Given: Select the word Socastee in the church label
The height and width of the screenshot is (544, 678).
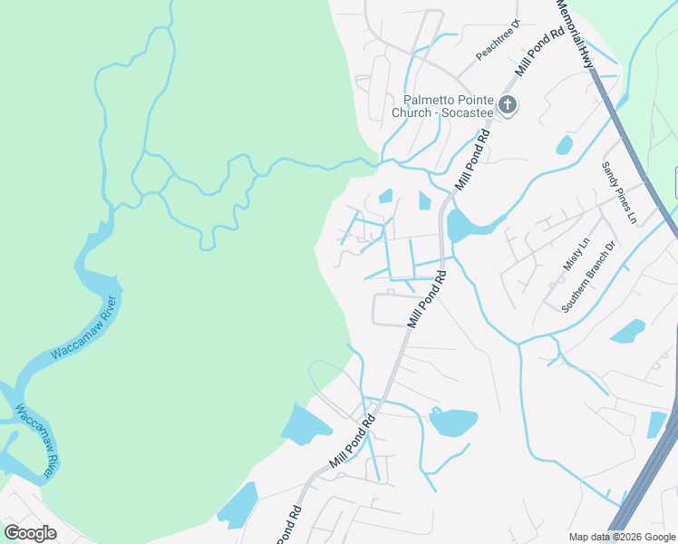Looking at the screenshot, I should coord(466,112).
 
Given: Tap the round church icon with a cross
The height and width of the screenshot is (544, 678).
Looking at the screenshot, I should coord(508,105).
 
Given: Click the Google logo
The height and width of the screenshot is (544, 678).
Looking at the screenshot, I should coord(30,532).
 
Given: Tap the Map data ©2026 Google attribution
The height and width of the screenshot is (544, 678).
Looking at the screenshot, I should coord(623,537).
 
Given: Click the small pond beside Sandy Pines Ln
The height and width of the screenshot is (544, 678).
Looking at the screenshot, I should coord(565,144).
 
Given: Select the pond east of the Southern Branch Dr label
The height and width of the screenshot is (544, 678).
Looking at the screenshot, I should coord(627,331).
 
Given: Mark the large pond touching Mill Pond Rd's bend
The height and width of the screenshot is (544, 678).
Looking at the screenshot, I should coord(461,224).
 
